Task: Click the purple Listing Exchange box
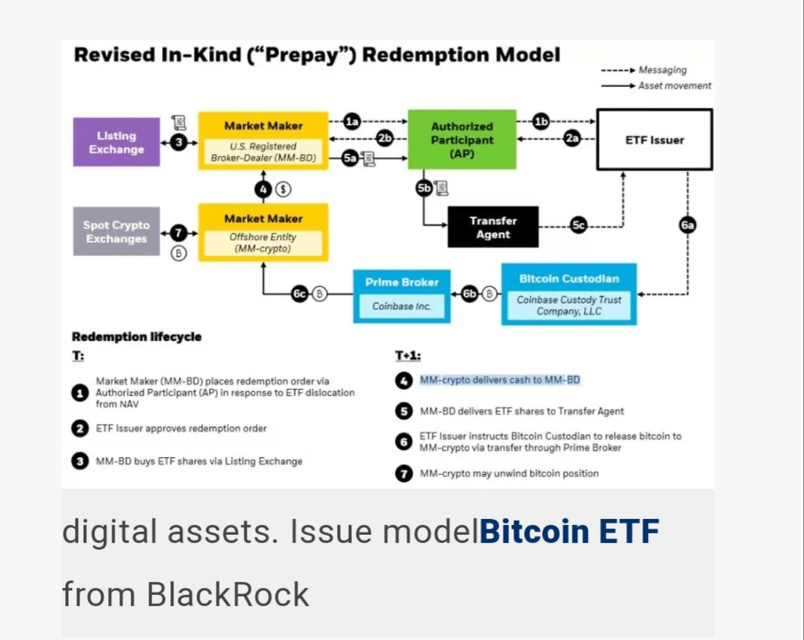click(x=116, y=142)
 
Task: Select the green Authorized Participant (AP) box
click(x=462, y=140)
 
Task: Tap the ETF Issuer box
click(x=654, y=140)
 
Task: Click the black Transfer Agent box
click(x=493, y=227)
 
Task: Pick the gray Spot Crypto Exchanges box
click(x=116, y=231)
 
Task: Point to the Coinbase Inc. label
click(x=402, y=306)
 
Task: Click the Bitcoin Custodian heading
click(x=569, y=279)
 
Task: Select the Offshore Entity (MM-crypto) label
click(x=263, y=242)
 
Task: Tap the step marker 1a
click(x=352, y=120)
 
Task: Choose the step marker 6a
click(x=688, y=225)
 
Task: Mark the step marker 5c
click(x=577, y=225)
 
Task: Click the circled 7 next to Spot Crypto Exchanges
click(x=179, y=234)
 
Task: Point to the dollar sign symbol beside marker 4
click(x=282, y=189)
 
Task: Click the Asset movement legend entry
click(x=674, y=86)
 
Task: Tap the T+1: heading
click(x=408, y=355)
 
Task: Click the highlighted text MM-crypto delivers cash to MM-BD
click(x=500, y=380)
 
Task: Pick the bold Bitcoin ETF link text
click(x=569, y=532)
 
